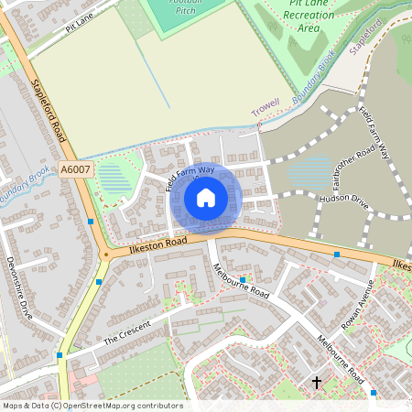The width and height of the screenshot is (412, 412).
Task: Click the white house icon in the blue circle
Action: click(x=206, y=197)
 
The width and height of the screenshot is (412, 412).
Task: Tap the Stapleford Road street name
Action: click(x=49, y=111)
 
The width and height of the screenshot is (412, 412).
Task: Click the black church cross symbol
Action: click(x=318, y=382)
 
